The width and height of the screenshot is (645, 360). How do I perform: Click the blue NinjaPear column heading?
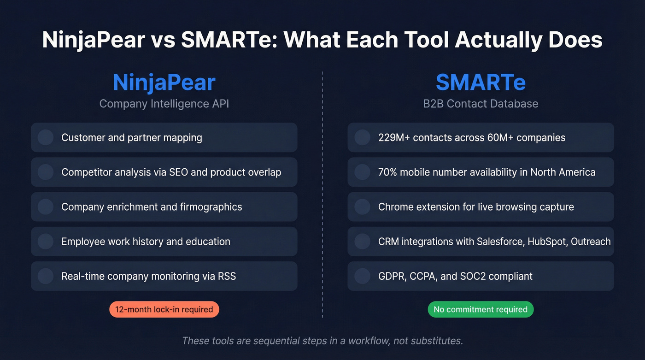[164, 83]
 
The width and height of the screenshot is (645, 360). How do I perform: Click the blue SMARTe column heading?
[481, 83]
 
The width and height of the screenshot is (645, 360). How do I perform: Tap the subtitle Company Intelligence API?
[164, 104]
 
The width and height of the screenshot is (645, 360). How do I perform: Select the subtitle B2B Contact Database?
[481, 104]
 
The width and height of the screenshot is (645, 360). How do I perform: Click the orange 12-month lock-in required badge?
[164, 309]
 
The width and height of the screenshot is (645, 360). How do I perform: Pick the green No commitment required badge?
[481, 309]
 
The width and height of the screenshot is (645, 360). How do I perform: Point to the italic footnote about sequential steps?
[322, 341]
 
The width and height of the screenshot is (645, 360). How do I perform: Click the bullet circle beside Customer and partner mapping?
[46, 137]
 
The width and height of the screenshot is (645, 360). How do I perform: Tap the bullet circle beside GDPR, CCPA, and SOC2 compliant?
[363, 276]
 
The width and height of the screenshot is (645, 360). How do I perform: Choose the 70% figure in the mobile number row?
[387, 172]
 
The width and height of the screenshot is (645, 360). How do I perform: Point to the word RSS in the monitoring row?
[226, 276]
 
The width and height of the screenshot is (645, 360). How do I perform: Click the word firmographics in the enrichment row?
[211, 207]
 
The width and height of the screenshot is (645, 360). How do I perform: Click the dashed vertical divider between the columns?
[322, 194]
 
